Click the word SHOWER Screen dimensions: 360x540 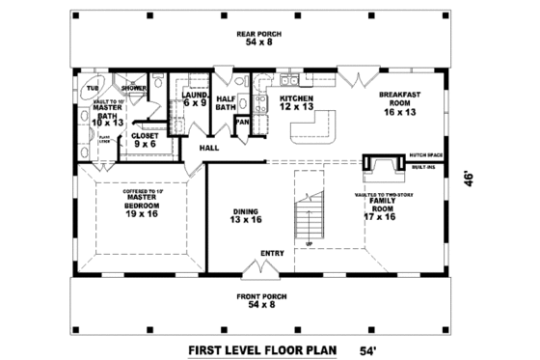point(134,88)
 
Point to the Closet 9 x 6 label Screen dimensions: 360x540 point(145,140)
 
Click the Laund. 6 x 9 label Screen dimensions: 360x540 point(196,99)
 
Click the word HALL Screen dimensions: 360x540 point(209,148)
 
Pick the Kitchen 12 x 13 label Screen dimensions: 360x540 point(297,102)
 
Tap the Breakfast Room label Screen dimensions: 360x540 point(398,102)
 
